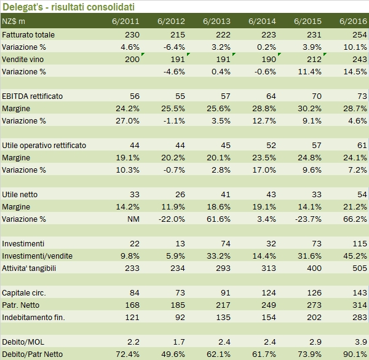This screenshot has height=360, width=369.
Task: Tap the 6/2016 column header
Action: click(354, 22)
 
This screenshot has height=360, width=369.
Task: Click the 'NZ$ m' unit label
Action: click(14, 22)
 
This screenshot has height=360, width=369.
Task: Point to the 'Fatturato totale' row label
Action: click(28, 35)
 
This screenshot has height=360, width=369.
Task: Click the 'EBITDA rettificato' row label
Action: click(33, 96)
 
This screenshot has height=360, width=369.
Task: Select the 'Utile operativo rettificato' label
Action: click(44, 146)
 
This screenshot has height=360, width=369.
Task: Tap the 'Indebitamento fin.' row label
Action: click(33, 318)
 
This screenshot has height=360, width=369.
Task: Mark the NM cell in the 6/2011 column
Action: click(132, 219)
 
